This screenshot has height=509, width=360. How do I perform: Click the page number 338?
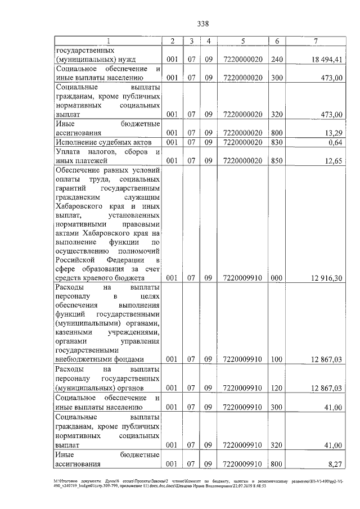tap(203, 24)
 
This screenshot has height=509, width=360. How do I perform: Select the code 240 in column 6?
tap(276, 59)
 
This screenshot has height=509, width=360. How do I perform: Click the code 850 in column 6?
tap(276, 161)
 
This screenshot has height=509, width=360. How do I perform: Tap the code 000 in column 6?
tap(276, 277)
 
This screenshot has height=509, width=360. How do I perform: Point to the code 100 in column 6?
tap(276, 359)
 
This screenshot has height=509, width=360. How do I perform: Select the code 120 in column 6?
tap(276, 388)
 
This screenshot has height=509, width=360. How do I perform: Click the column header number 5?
tap(242, 40)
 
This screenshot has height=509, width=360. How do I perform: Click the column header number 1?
tap(109, 40)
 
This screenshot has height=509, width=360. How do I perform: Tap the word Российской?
tap(76, 260)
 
